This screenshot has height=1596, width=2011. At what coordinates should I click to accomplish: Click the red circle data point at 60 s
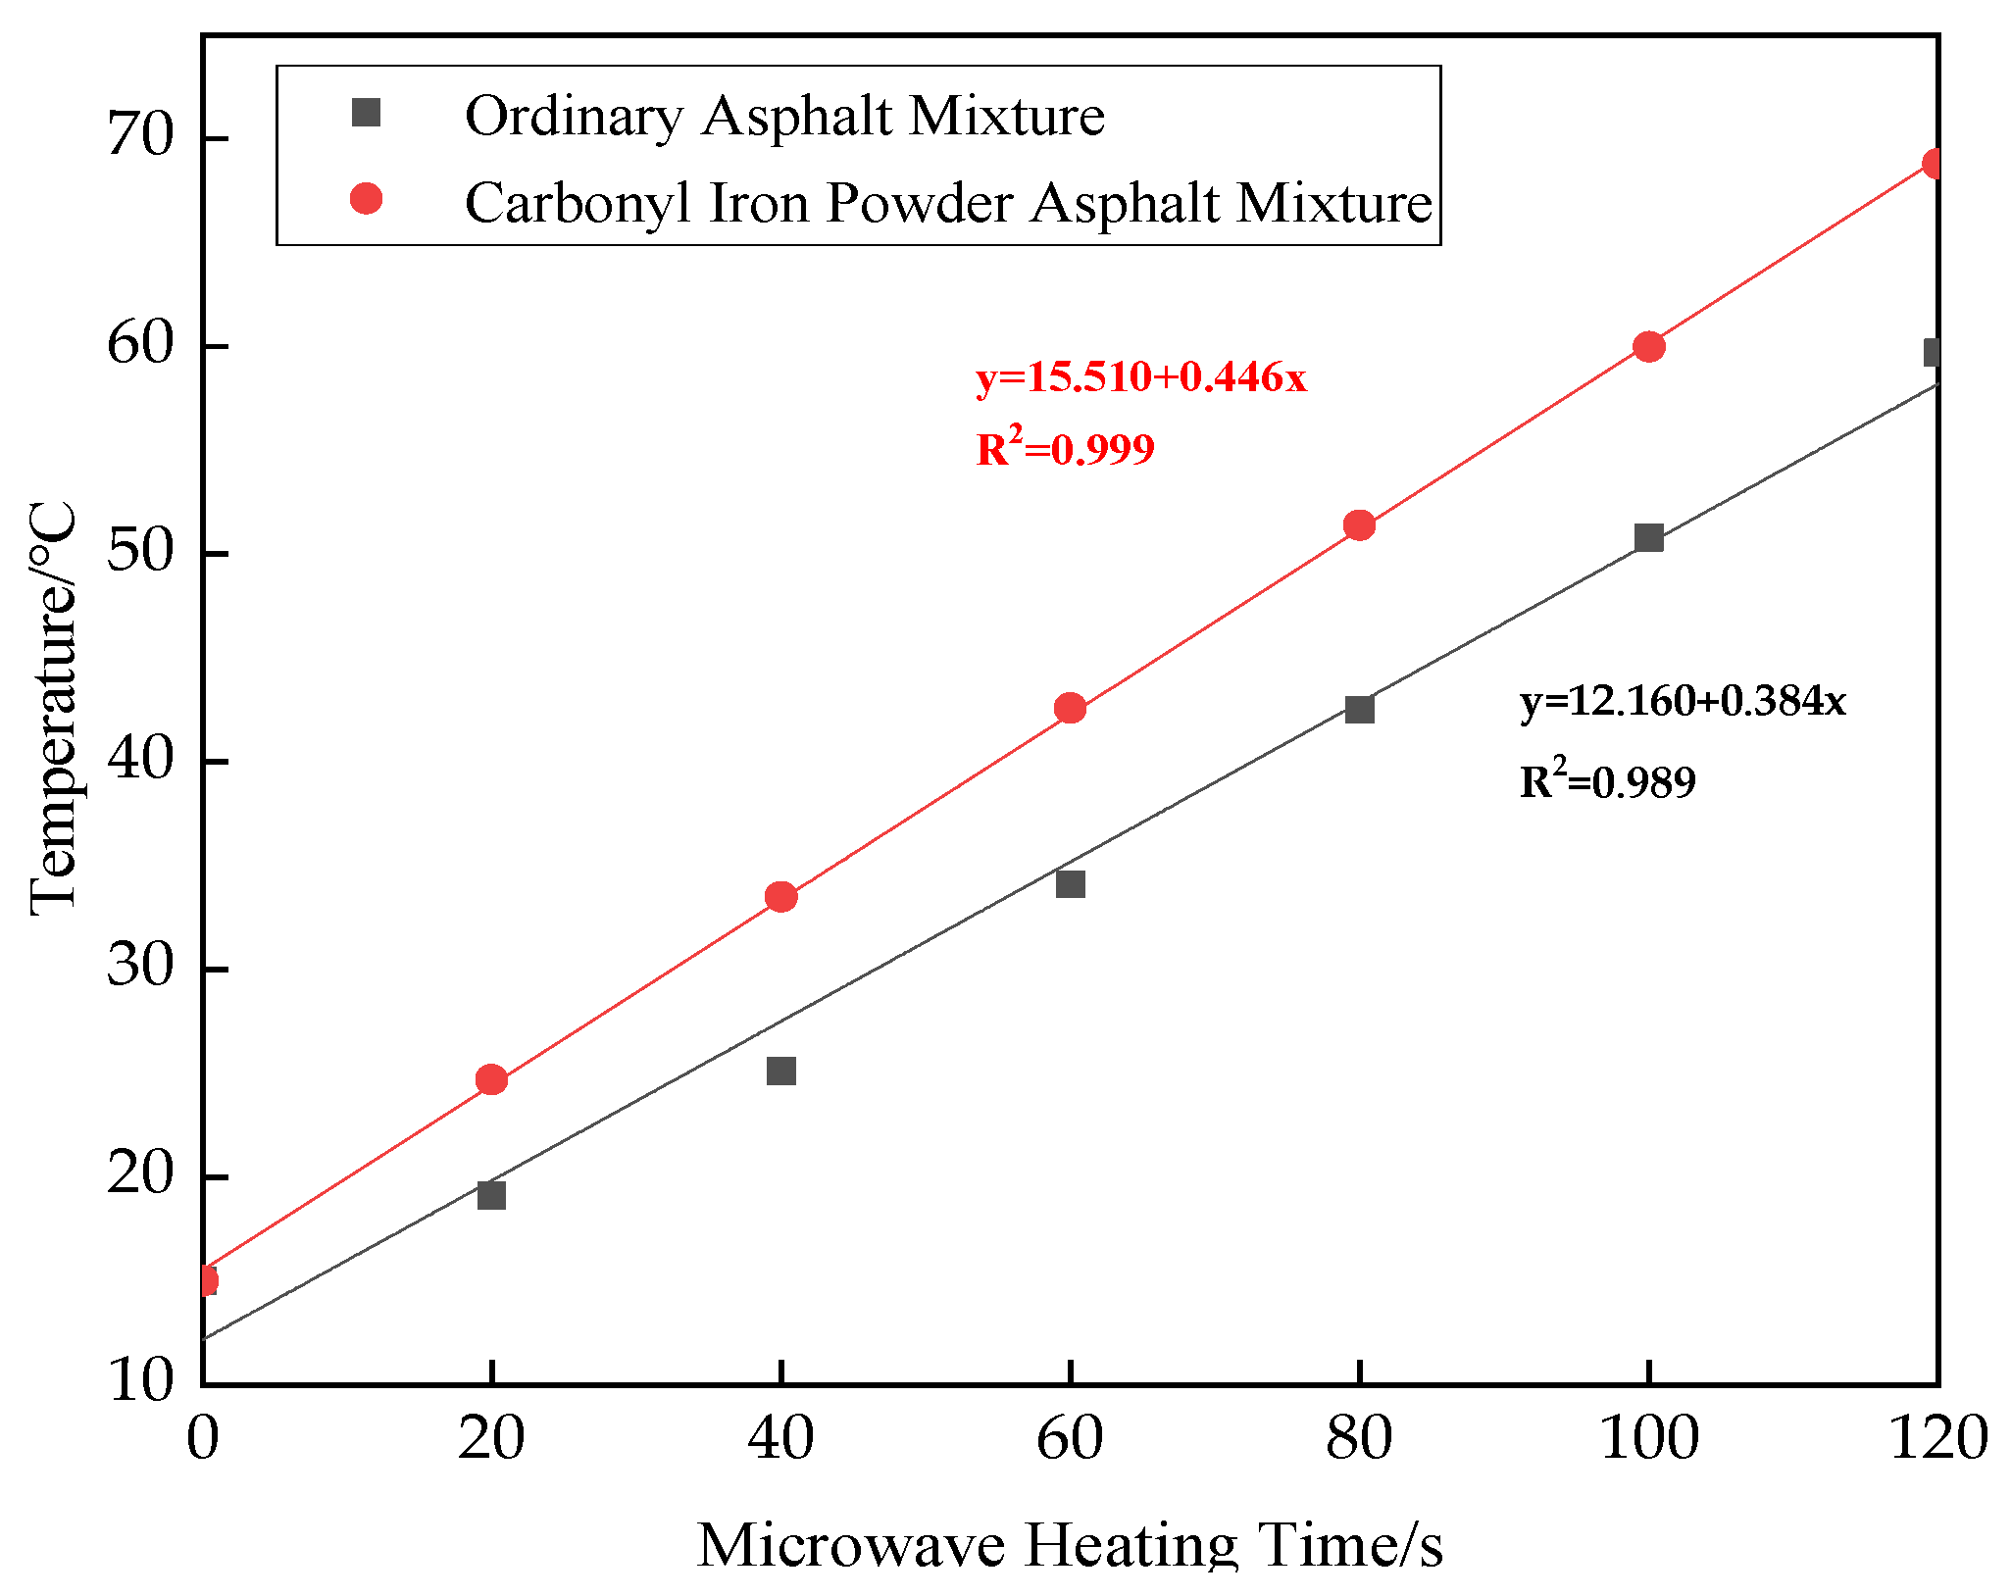point(1070,708)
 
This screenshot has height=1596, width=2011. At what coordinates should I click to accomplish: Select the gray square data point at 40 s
point(780,1071)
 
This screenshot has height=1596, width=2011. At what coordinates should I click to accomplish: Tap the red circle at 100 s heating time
point(1648,346)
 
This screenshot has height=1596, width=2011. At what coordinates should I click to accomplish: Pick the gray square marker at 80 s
point(1359,709)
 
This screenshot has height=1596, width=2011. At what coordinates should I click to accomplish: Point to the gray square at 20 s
point(491,1195)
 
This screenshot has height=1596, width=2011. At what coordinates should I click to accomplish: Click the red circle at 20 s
point(491,1079)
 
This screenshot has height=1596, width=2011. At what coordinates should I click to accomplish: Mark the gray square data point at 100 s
point(1648,537)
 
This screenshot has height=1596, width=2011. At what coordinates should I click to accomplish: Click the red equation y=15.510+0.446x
point(1140,377)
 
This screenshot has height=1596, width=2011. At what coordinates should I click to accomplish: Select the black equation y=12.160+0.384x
point(1683,701)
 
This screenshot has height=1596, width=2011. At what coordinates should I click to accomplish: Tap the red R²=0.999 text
point(1065,449)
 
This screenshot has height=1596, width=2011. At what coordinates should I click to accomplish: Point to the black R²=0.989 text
point(1607,781)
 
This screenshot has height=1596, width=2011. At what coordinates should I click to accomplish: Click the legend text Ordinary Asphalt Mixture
point(784,116)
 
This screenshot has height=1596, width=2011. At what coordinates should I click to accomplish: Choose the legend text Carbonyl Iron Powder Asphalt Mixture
point(948,202)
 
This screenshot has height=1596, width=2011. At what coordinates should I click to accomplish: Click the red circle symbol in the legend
point(366,200)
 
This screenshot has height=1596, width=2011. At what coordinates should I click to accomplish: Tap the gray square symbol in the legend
point(366,114)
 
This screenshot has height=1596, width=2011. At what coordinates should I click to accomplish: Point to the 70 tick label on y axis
point(139,135)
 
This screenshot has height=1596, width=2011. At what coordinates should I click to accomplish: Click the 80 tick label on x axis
point(1359,1439)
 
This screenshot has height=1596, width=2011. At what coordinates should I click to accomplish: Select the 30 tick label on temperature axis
point(139,967)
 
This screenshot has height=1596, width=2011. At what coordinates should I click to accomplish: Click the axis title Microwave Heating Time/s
point(1069,1545)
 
